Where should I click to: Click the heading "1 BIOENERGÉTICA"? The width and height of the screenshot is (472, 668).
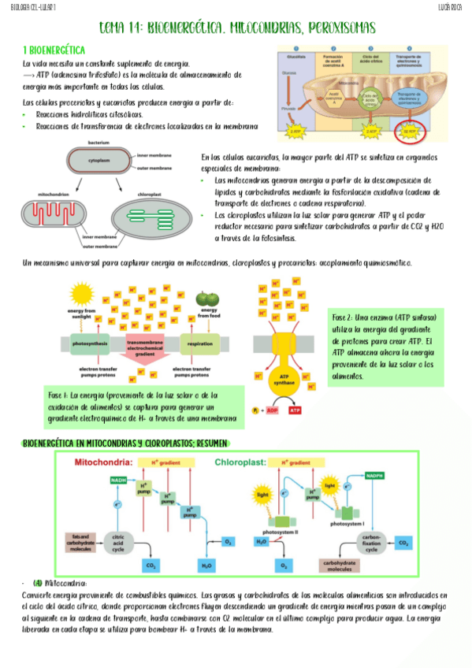[x=55, y=49]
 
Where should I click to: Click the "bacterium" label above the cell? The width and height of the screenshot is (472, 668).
[x=98, y=142]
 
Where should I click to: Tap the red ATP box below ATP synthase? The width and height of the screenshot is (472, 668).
[x=297, y=410]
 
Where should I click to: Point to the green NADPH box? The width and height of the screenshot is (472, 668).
[x=374, y=476]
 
